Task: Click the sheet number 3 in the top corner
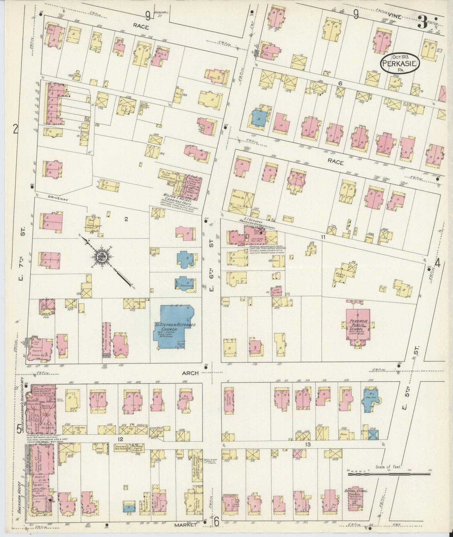click(423, 23)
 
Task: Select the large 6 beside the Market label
click(216, 521)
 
